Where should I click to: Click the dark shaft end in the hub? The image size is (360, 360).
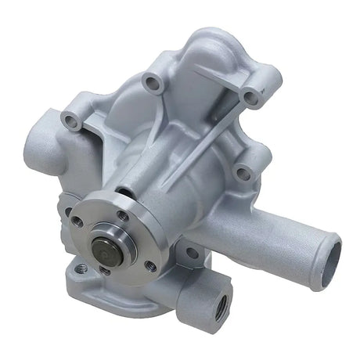(x=103, y=249)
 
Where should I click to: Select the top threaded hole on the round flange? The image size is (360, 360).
(x=124, y=216)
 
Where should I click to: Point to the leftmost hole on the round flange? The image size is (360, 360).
(x=77, y=221)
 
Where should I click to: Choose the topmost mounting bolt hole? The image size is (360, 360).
(x=149, y=81)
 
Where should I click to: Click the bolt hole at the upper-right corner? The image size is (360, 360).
(x=250, y=98)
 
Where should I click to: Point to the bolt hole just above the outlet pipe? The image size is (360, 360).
(x=243, y=174)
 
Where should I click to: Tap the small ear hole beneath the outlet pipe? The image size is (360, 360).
(x=191, y=253)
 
